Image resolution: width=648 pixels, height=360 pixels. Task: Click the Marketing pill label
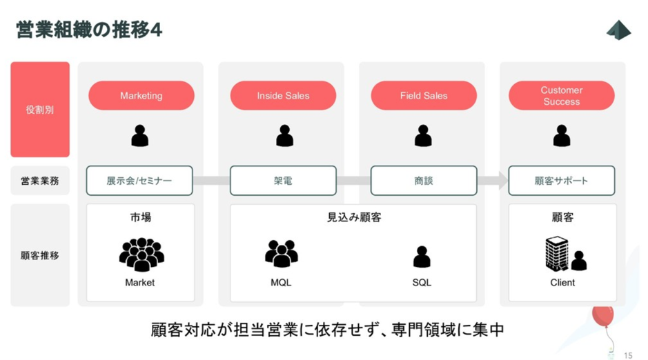coord(141,95)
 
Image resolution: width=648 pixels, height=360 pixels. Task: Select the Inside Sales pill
coord(283,95)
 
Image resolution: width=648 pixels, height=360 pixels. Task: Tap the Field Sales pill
coord(424,95)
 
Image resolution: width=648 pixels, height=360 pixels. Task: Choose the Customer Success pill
coord(562,95)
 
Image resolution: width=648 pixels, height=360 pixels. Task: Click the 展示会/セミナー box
coord(139,181)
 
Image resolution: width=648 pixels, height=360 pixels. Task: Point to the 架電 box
coord(283,181)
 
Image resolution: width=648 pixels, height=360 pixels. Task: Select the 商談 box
coord(424,181)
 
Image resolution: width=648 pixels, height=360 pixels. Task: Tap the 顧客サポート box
coord(562,181)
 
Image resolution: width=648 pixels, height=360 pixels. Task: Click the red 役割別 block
coord(40,110)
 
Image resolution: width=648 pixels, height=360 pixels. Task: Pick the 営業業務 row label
coord(40,181)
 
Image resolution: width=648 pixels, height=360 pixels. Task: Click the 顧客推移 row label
coord(40,255)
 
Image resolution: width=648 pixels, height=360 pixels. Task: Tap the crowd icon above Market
coord(141,254)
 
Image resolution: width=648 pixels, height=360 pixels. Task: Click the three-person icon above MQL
coord(282,253)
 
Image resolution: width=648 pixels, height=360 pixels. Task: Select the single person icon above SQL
coord(422,257)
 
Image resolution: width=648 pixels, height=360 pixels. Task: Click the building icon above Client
coord(557,254)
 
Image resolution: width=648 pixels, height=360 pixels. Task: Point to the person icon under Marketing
coord(139,135)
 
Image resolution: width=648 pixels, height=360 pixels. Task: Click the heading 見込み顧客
coord(354,217)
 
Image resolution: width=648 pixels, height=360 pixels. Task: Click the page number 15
coord(628,355)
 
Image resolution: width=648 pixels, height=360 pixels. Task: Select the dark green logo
coord(618,30)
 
